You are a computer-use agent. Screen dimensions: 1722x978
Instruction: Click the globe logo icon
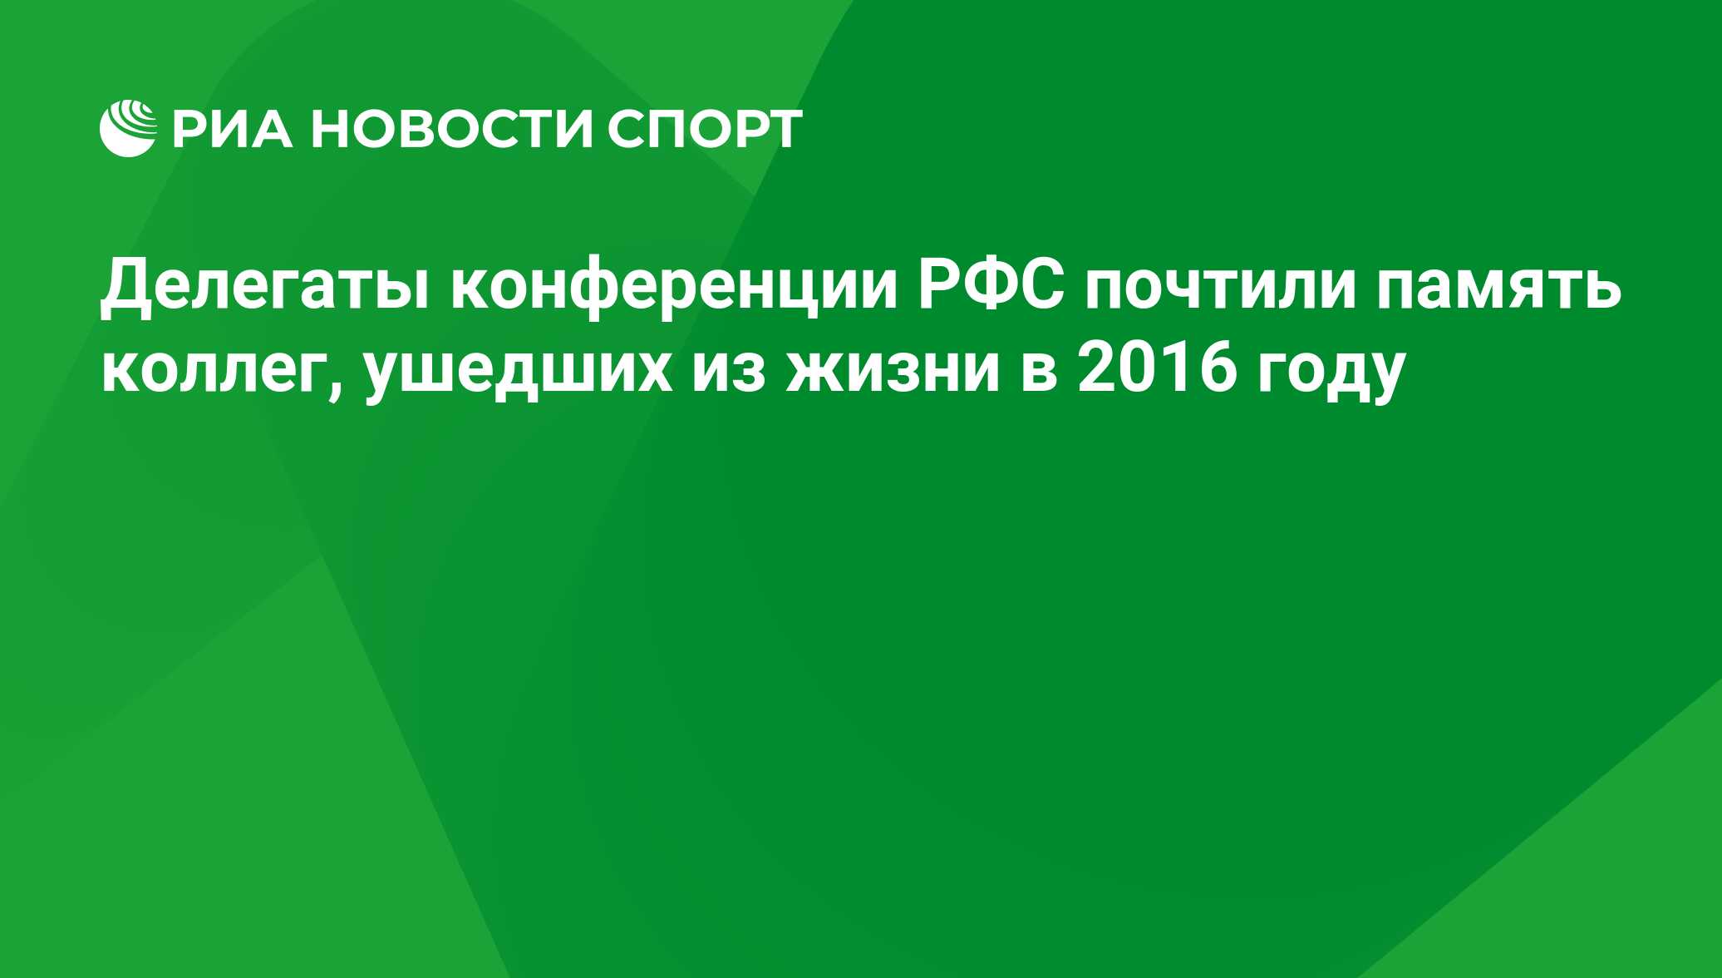(x=128, y=128)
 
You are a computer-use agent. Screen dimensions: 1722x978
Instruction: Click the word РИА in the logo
(x=234, y=129)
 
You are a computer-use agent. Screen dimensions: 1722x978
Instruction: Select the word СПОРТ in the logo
(x=705, y=129)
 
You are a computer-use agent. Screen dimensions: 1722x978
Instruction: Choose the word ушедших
(x=519, y=373)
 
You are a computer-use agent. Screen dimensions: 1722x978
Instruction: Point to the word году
(x=1331, y=375)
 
